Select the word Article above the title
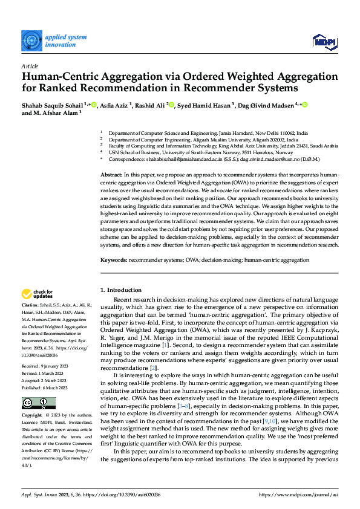[30, 66]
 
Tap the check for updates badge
[37, 294]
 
